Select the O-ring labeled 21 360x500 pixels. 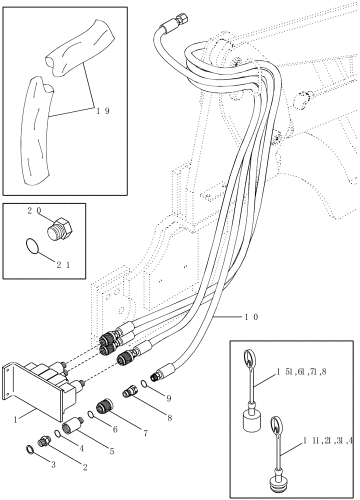[32, 245]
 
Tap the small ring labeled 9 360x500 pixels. [144, 384]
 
